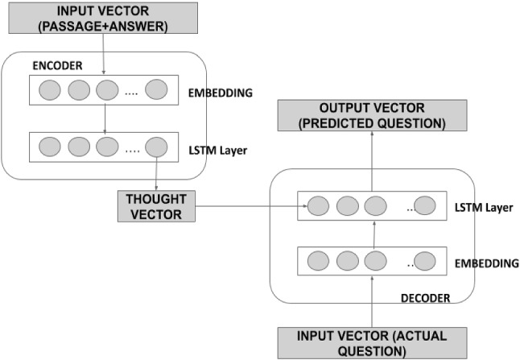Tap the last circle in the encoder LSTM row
pos(155,147)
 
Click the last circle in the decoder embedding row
pos(424,262)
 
